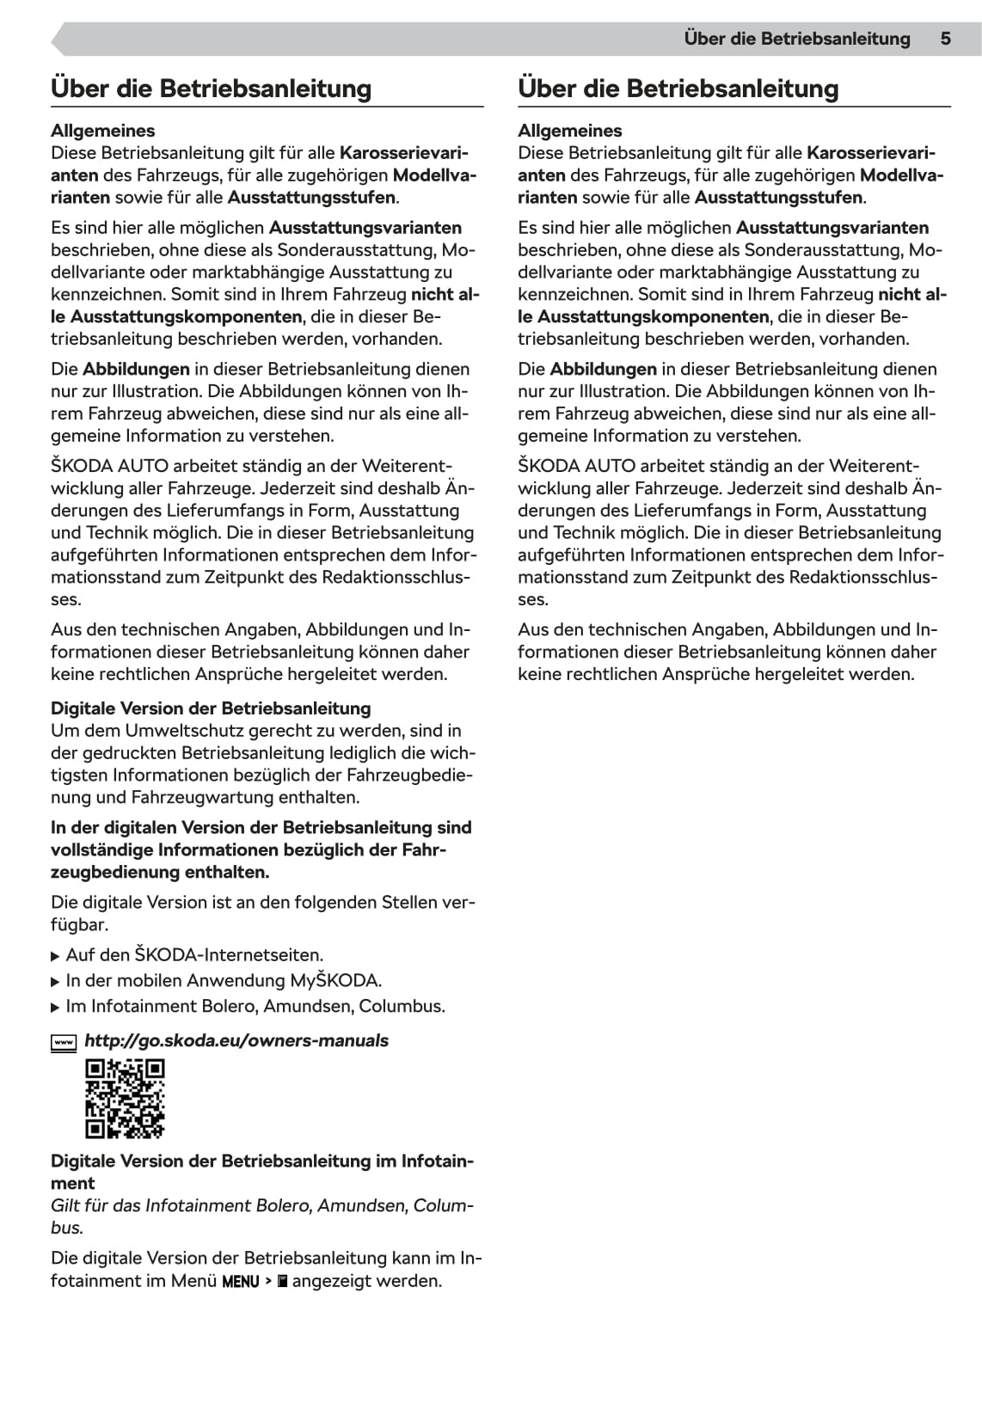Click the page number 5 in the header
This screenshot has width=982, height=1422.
click(x=945, y=39)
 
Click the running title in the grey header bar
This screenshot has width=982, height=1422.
click(x=796, y=39)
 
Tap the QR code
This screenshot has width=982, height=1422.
click(x=125, y=1099)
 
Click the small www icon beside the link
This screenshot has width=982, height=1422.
click(x=64, y=1043)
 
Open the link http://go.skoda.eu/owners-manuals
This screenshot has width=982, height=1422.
click(x=236, y=1041)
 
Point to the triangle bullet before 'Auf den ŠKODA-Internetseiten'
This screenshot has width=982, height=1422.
click(x=56, y=956)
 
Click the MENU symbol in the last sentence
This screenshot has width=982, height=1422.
click(x=241, y=1282)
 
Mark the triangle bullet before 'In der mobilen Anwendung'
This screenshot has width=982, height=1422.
click(x=56, y=982)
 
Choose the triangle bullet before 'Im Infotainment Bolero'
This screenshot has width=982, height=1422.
click(x=56, y=1008)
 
